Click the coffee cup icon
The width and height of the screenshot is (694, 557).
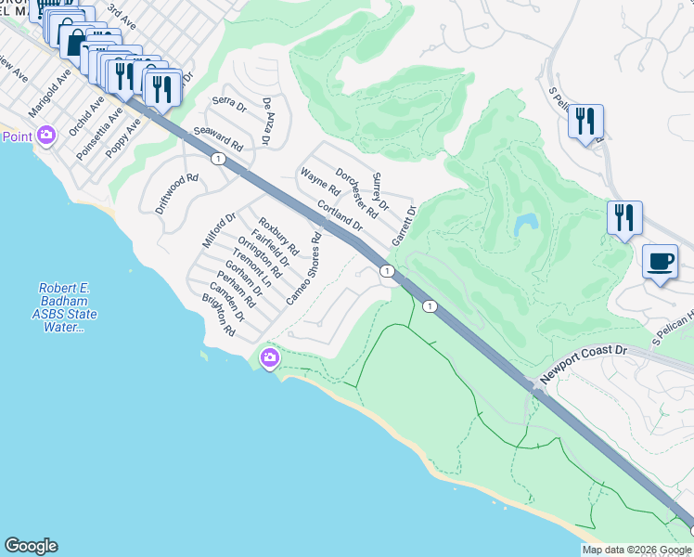(x=661, y=261)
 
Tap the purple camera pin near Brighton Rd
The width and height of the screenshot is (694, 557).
(x=270, y=357)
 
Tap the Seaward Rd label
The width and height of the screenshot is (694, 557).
(x=218, y=140)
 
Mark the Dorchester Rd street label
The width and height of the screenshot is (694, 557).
(x=356, y=192)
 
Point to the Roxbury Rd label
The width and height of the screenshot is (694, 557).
(x=278, y=236)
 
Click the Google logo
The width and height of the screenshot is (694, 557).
(x=31, y=546)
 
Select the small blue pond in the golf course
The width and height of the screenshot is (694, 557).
(x=525, y=224)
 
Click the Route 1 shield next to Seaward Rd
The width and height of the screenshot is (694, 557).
(x=216, y=159)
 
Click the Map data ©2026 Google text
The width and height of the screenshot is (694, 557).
(x=636, y=550)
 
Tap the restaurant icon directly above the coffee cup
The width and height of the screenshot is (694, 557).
(x=624, y=217)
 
